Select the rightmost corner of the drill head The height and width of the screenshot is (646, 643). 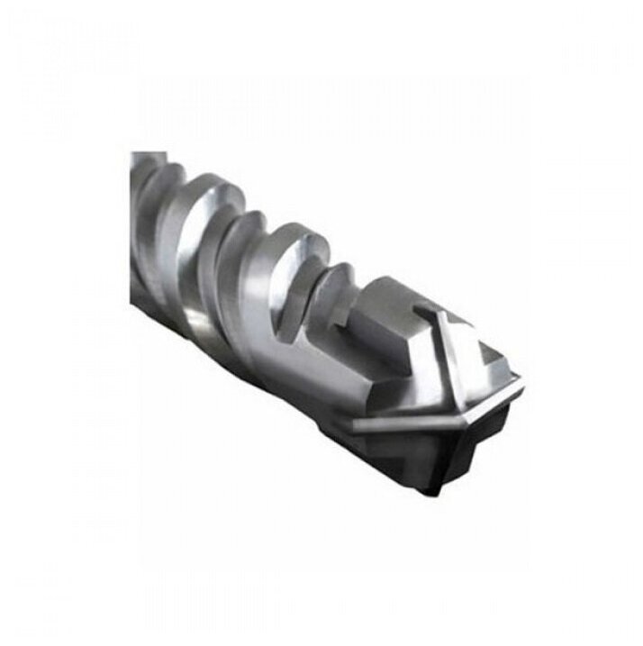click(x=524, y=382)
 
